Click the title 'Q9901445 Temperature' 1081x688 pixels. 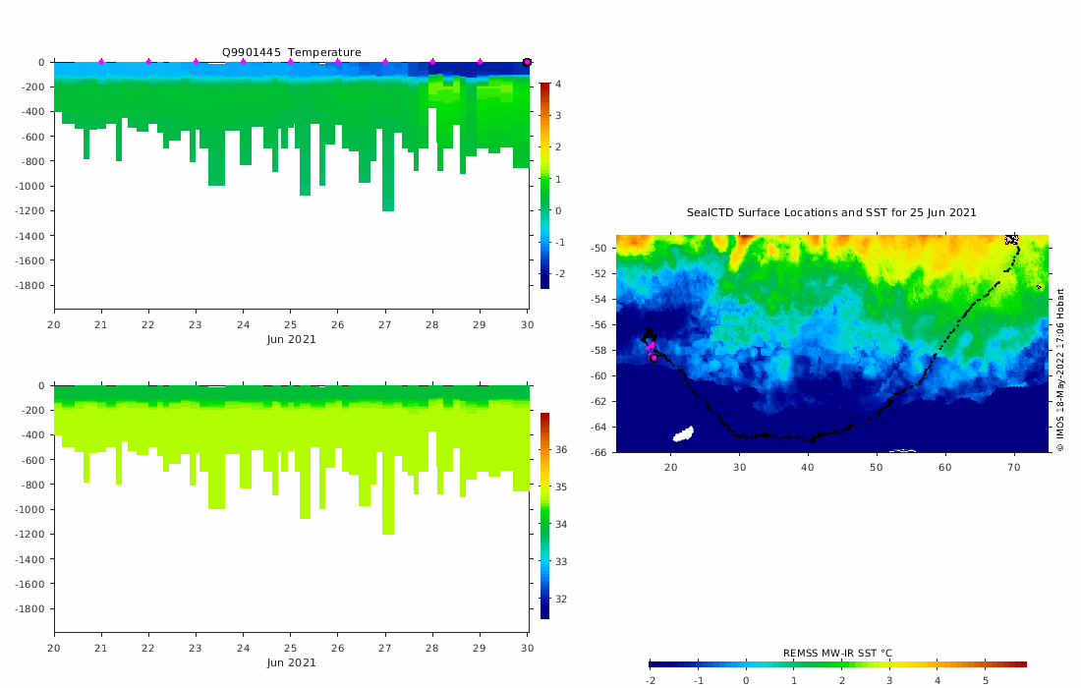point(291,52)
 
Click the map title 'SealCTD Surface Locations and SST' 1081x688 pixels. point(830,212)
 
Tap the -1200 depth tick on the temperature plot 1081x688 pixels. point(30,211)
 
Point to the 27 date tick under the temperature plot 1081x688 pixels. point(385,324)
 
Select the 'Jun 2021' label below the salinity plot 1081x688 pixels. point(291,662)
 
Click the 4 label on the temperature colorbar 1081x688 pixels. point(558,85)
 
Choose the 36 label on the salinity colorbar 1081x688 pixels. point(560,450)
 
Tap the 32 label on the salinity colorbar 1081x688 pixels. point(560,600)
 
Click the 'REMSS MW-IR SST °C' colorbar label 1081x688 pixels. point(837,653)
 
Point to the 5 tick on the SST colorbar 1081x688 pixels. point(986,680)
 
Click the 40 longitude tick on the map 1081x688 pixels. point(808,467)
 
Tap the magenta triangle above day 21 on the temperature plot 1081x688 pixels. point(101,62)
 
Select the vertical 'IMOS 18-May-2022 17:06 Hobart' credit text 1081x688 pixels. point(1060,369)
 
